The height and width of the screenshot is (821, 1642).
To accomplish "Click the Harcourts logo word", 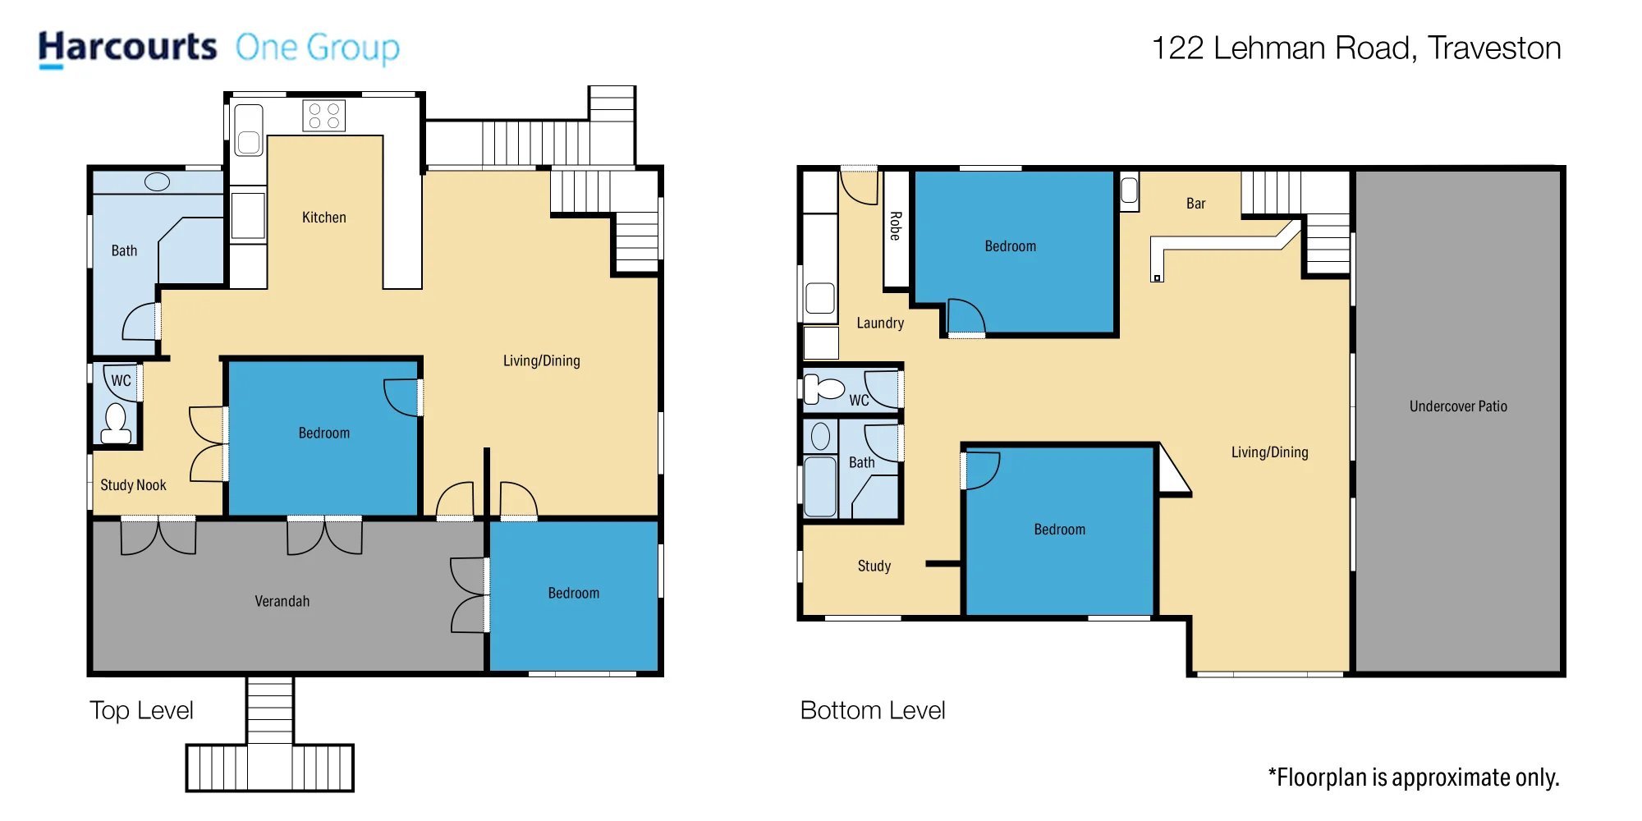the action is [127, 48].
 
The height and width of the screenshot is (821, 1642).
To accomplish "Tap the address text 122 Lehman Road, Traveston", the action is [1356, 48].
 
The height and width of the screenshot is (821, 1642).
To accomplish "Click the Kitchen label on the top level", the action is [324, 218].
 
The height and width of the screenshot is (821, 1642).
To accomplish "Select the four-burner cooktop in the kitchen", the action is [323, 116].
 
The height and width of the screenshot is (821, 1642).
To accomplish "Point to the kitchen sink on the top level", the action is [249, 131].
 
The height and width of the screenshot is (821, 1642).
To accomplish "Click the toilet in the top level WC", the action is [116, 424].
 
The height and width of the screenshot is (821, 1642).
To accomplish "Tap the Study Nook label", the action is [133, 485].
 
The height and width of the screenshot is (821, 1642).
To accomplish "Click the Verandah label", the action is [282, 602].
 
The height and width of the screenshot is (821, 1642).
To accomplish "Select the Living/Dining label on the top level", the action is [542, 361].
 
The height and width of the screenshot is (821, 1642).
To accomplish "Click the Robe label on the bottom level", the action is [896, 226].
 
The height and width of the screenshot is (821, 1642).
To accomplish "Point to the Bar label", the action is [1196, 204].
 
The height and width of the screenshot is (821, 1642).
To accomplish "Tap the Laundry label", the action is [880, 323].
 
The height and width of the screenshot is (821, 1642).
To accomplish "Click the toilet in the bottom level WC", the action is [823, 388].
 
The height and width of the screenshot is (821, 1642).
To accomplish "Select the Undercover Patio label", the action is [1458, 406].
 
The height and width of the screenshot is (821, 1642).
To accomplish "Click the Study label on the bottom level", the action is [874, 566].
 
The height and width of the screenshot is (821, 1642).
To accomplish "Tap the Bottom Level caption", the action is [873, 710].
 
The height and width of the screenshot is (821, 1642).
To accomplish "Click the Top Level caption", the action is [141, 710].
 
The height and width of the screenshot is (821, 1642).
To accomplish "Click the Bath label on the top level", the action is [125, 251].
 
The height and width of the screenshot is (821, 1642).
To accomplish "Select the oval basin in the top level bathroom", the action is [157, 182].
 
